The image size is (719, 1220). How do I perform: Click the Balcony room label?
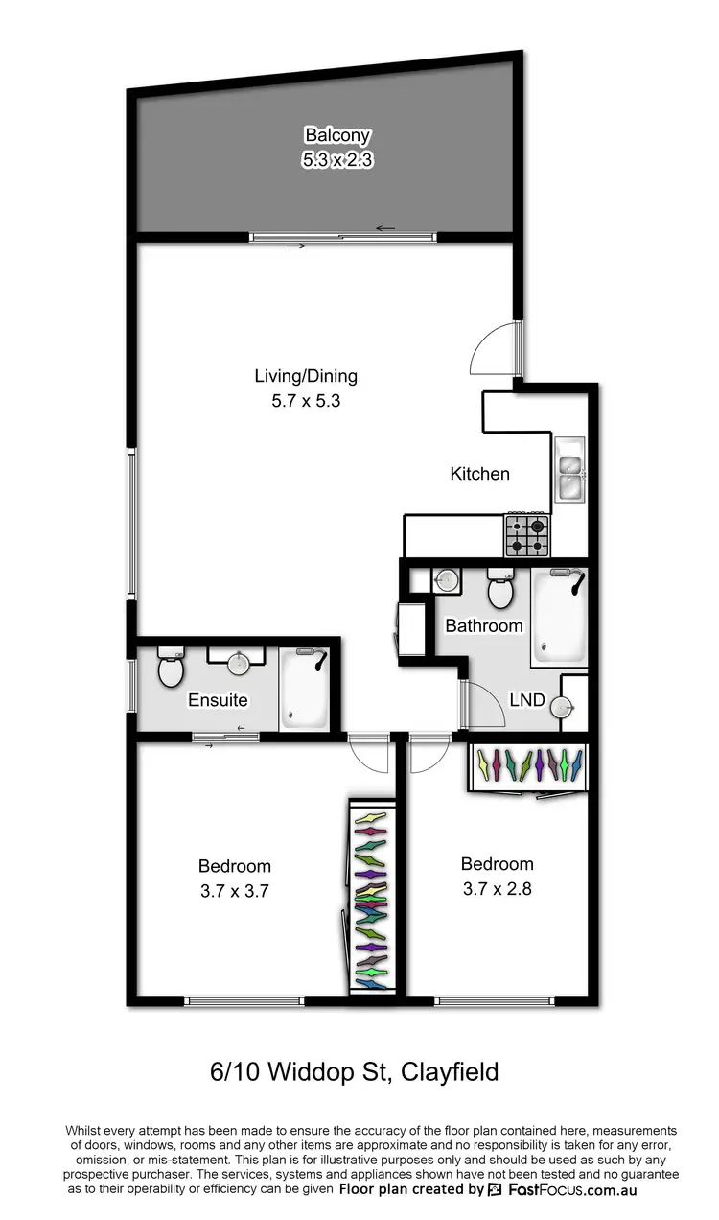pyautogui.click(x=336, y=135)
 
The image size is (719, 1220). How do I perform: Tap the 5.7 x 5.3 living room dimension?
pyautogui.click(x=306, y=401)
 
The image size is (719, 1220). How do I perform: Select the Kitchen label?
pyautogui.click(x=480, y=473)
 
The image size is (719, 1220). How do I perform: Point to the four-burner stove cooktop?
pyautogui.click(x=527, y=535)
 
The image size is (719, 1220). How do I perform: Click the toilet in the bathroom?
pyautogui.click(x=500, y=590)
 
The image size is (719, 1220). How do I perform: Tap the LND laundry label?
pyautogui.click(x=527, y=700)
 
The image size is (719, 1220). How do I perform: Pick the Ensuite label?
pyautogui.click(x=218, y=700)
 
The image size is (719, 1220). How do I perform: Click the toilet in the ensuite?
pyautogui.click(x=171, y=669)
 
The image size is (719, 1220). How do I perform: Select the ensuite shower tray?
pyautogui.click(x=304, y=688)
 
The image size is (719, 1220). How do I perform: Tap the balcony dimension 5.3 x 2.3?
pyautogui.click(x=336, y=159)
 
